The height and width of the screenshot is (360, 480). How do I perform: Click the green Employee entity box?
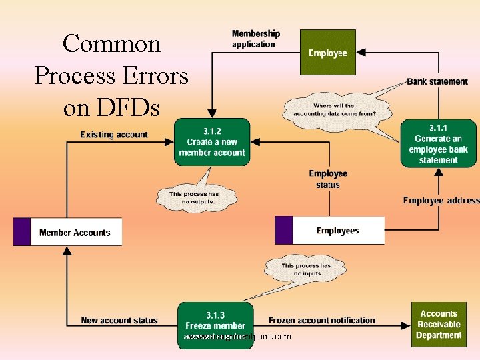(327, 52)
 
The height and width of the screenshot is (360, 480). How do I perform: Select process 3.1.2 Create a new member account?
(212, 142)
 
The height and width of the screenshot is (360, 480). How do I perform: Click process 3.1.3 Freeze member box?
(215, 325)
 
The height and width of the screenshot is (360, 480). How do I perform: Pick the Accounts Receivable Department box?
(438, 325)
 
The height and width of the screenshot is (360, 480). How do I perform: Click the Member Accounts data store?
(75, 232)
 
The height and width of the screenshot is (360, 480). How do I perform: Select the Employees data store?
(337, 231)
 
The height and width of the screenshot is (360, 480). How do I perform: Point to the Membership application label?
(255, 39)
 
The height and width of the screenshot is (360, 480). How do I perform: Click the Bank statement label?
(437, 81)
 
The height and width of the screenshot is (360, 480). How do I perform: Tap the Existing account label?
(114, 135)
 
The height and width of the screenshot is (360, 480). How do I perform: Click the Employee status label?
(328, 179)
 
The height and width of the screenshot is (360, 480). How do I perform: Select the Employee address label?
(441, 200)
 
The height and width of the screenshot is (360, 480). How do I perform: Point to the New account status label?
(119, 320)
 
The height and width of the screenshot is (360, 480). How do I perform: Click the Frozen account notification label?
(321, 320)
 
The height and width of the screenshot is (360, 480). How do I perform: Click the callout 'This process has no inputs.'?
(305, 269)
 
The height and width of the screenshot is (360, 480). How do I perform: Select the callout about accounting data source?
(333, 109)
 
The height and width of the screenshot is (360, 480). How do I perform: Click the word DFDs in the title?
(111, 107)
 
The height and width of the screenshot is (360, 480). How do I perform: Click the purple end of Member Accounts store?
(21, 232)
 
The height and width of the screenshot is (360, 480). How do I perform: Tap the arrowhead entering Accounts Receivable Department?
(407, 326)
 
